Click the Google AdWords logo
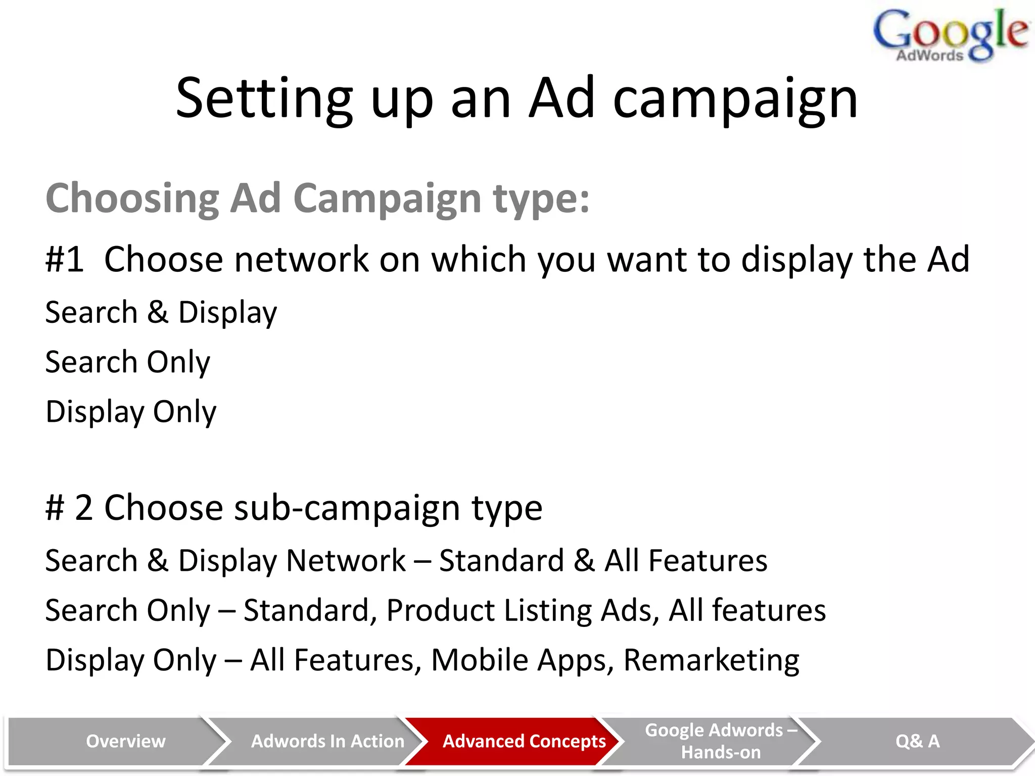(950, 35)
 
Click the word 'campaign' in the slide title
(735, 100)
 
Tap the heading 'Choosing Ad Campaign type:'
(317, 199)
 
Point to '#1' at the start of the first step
(65, 259)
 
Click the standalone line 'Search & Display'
(161, 312)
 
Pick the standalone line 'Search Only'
(127, 362)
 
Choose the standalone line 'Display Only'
(131, 412)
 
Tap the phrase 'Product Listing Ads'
(523, 610)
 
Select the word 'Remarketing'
(711, 660)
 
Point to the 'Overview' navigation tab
(125, 741)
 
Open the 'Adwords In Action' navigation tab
(327, 741)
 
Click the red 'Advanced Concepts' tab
(524, 741)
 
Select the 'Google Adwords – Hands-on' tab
(721, 741)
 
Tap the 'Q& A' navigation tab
(917, 741)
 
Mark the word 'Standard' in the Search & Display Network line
(501, 561)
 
